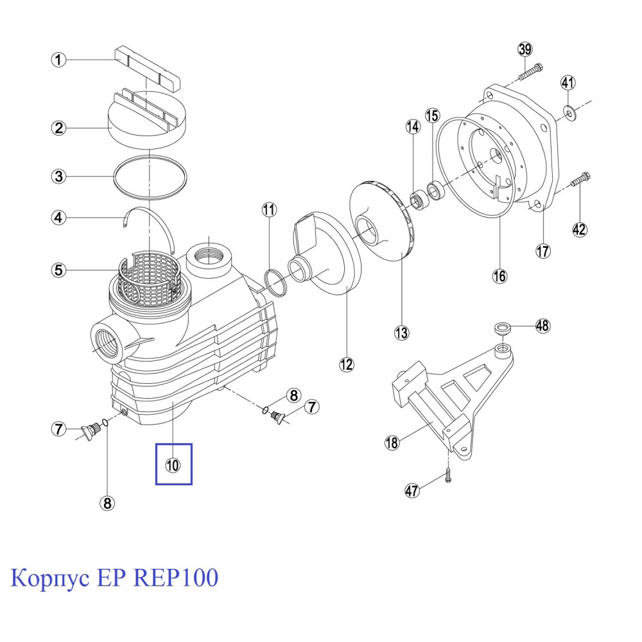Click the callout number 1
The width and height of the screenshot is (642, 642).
coord(58,60)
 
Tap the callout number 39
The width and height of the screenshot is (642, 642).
coord(526,50)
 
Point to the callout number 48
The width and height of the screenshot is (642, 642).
coord(542,326)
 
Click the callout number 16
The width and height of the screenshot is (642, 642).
coord(499,276)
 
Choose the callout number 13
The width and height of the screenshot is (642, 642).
coord(401,333)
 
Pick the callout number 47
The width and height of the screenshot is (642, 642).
coord(412,491)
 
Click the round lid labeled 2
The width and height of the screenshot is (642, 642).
coord(146,122)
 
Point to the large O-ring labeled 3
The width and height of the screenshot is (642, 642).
coord(151,175)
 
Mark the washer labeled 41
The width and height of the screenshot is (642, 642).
coord(569,114)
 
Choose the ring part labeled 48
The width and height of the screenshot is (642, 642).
coord(503,329)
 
